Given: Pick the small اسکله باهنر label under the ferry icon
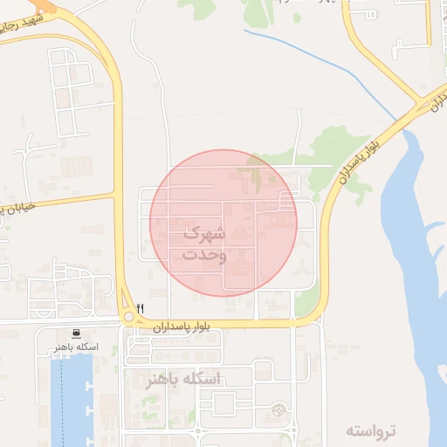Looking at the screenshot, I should click(x=74, y=347).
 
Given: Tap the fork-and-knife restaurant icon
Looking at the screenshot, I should click(x=140, y=307).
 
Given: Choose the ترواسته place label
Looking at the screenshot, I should click(x=370, y=430).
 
